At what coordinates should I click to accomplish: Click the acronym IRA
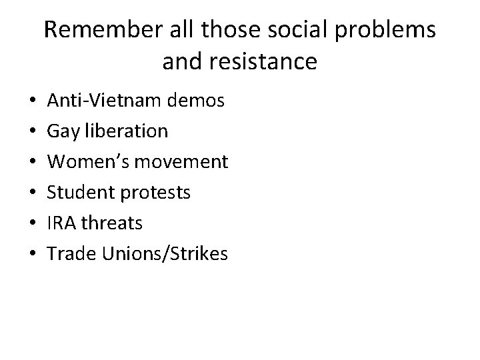pos(61,223)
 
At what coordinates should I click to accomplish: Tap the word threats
pos(113,223)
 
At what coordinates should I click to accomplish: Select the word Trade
pos(67,253)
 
